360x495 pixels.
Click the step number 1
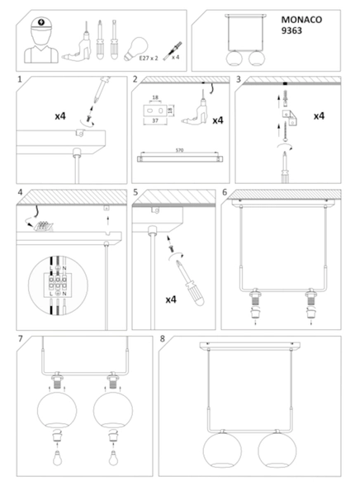[20, 80]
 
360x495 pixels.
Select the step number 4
[20, 196]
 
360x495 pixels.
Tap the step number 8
[163, 339]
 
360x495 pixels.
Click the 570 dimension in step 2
[180, 149]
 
